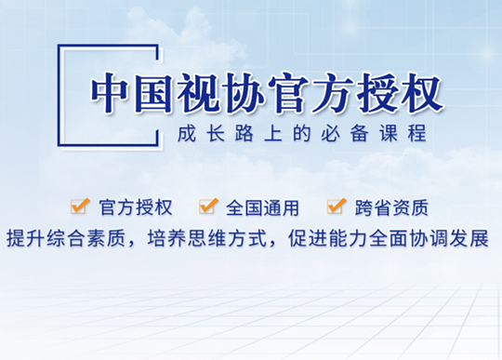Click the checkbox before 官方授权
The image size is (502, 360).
pyautogui.click(x=80, y=206)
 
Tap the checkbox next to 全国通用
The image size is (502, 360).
pyautogui.click(x=208, y=206)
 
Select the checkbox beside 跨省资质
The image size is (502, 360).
pyautogui.click(x=337, y=206)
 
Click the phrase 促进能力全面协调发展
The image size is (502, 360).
pyautogui.click(x=390, y=234)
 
